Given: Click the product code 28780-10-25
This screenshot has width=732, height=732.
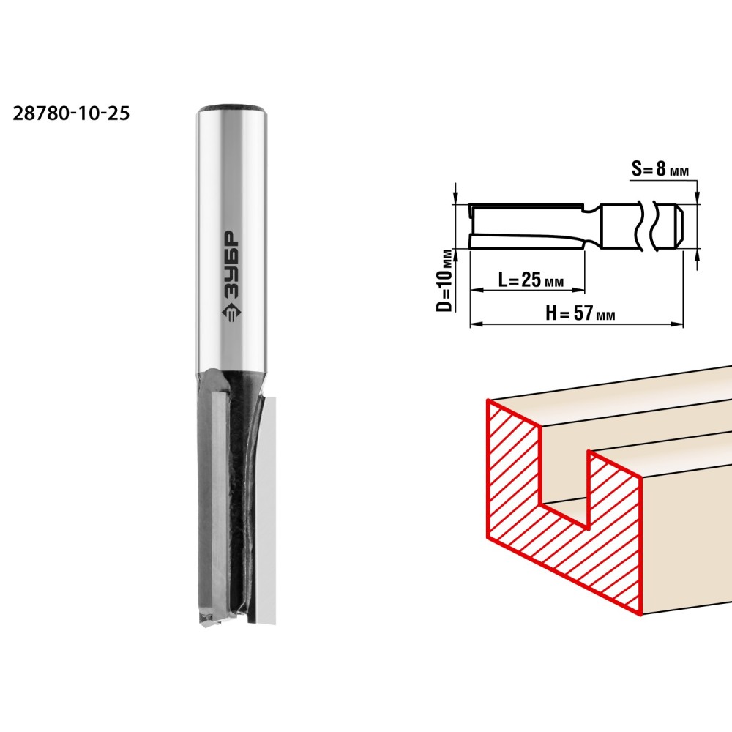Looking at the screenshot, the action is click(x=71, y=113).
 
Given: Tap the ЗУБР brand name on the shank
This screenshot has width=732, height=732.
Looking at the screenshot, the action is click(x=230, y=264).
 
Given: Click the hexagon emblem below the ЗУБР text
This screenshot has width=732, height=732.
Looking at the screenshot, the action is click(x=230, y=315).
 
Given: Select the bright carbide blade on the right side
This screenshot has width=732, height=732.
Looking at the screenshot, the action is click(x=267, y=509).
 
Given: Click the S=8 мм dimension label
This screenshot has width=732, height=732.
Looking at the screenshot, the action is click(x=660, y=168).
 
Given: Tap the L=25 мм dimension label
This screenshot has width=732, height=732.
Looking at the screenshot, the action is click(x=531, y=280).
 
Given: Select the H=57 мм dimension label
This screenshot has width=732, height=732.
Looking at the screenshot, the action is click(x=580, y=313).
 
